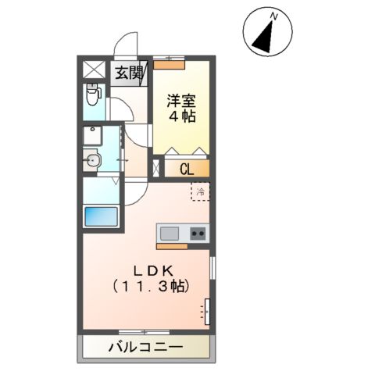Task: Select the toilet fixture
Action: (93, 98)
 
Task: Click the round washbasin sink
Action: (93, 162)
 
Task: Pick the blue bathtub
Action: (100, 216)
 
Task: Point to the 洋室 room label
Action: (181, 100)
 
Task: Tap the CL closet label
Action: (187, 167)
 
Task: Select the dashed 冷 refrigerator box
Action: (201, 191)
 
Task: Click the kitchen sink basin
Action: (170, 232)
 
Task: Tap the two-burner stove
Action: (197, 232)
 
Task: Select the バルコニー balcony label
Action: (145, 346)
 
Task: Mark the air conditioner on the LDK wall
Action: (207, 310)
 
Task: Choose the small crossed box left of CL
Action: (159, 167)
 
